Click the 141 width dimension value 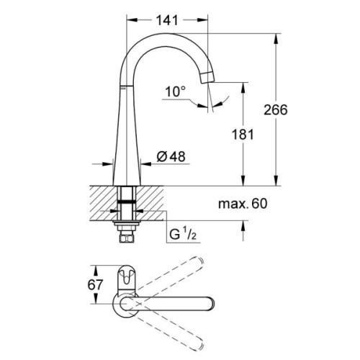(168, 21)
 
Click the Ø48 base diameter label (173, 155)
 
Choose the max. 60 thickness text (243, 204)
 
